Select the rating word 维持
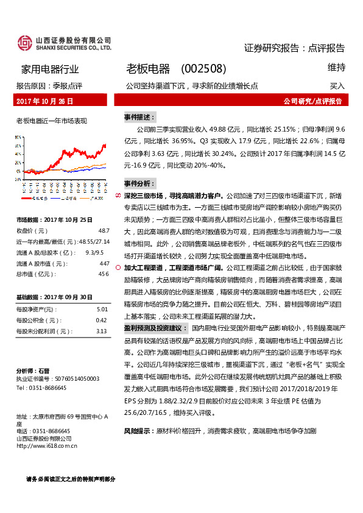tap(336, 67)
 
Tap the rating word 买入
tap(337, 86)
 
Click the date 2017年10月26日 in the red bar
tap(44, 101)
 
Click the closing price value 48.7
tap(104, 230)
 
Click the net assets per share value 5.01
tap(102, 310)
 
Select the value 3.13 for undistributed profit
tap(102, 331)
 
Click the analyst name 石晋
tap(43, 370)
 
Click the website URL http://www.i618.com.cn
tap(47, 445)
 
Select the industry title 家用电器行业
tap(46, 69)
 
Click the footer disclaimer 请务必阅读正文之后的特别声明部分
tap(71, 479)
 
